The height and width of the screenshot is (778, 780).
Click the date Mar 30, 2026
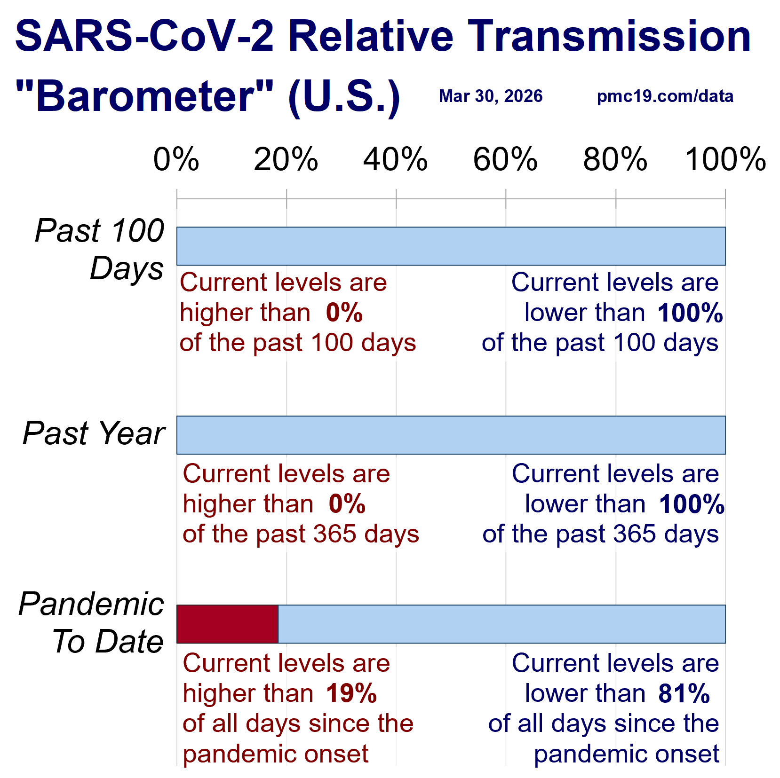click(490, 96)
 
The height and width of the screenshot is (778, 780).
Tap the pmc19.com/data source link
click(665, 96)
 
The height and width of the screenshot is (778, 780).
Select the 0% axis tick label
click(176, 159)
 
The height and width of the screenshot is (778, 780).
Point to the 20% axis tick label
click(286, 159)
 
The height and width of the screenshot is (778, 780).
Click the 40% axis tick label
click(396, 159)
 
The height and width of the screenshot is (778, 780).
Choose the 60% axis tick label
click(505, 159)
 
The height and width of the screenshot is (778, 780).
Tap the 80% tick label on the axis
click(615, 159)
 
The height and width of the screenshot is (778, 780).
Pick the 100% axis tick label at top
click(725, 159)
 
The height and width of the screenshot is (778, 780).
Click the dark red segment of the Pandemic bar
click(227, 624)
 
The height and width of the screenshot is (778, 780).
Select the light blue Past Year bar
click(451, 435)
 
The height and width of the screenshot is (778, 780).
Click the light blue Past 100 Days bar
click(451, 246)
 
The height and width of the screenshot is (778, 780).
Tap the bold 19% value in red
click(351, 693)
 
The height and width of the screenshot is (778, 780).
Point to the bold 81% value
click(684, 693)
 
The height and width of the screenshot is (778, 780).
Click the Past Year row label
click(94, 433)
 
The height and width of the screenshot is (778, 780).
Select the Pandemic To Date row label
click(91, 622)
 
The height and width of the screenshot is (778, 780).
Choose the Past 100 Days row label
click(100, 249)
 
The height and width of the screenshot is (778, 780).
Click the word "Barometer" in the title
click(144, 96)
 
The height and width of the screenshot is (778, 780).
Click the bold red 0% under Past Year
click(347, 504)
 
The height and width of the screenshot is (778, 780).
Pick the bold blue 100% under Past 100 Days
click(690, 313)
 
